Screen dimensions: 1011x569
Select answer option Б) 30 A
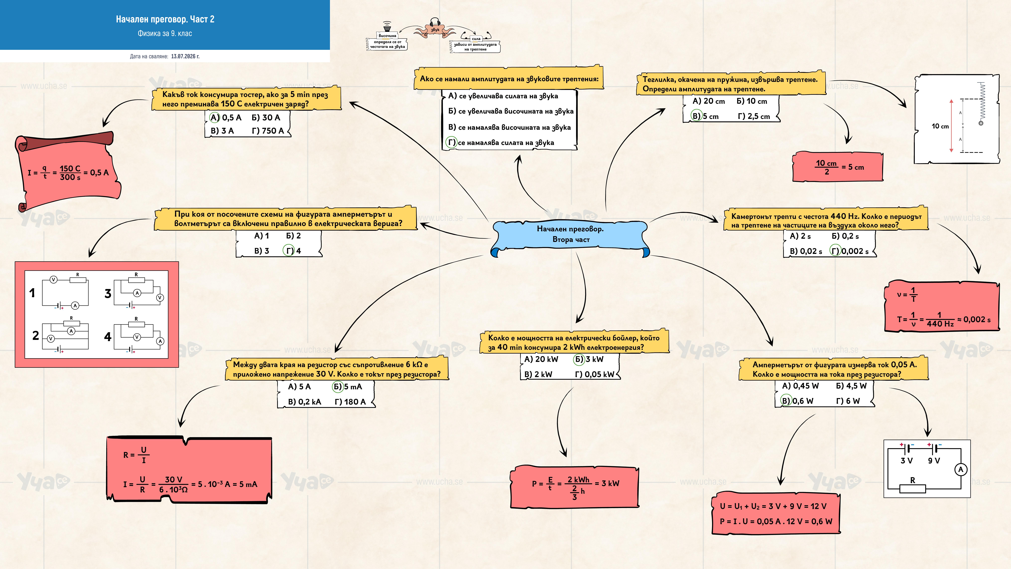coord(266,117)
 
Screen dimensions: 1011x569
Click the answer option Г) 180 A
coord(350,402)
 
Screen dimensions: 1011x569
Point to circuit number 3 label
coord(108,294)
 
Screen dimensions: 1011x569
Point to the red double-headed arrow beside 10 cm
coord(951,126)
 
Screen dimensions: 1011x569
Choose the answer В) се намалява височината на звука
coord(509,127)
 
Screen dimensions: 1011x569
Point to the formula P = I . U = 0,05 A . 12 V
coord(776,522)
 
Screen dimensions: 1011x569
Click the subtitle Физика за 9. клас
coord(165,33)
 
